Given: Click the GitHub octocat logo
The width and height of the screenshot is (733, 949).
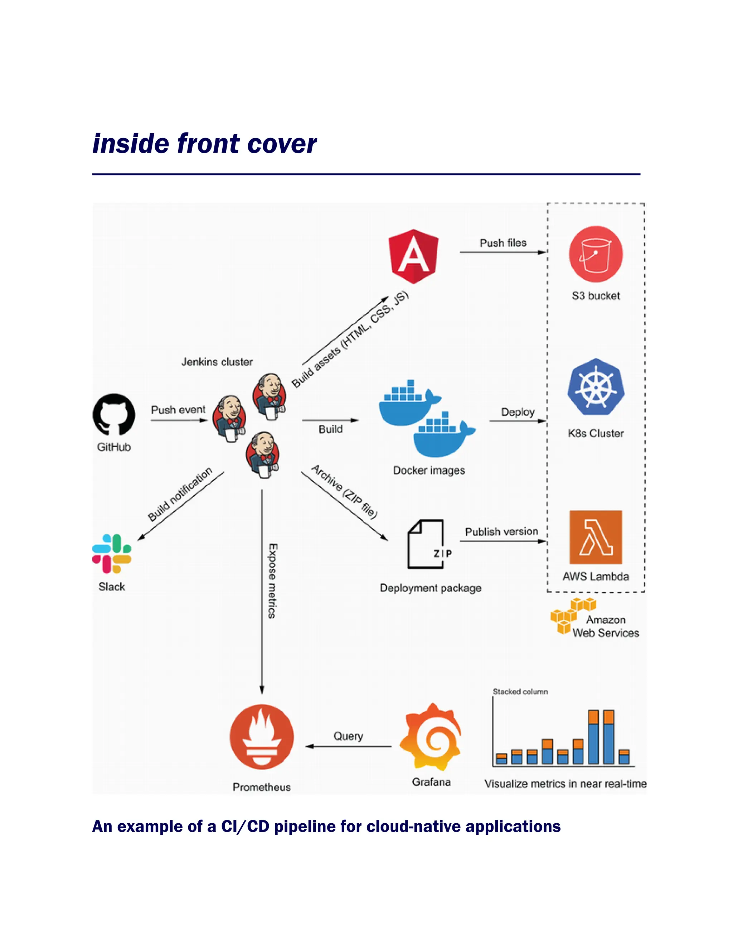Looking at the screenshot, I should (x=114, y=415).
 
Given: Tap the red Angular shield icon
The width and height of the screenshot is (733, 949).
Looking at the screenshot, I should (x=413, y=256).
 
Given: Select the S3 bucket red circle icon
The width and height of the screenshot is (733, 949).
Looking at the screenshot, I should (x=596, y=254).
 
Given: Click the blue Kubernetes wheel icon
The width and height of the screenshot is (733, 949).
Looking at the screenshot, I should (x=596, y=387).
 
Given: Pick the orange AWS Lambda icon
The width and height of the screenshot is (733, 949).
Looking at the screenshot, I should (x=596, y=537).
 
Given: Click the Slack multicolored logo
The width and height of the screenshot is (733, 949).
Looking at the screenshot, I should (x=112, y=554).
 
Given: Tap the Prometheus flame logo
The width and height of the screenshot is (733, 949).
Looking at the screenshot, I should (x=262, y=737).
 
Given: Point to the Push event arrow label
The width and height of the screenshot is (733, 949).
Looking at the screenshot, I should (x=178, y=410).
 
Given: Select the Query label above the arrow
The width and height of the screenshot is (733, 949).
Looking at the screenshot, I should (x=348, y=736).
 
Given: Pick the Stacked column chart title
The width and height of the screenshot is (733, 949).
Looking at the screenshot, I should (x=520, y=691).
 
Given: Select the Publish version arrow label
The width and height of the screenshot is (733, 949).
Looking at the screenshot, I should (x=501, y=531).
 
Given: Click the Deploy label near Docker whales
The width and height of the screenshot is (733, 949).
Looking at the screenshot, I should (x=518, y=411).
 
